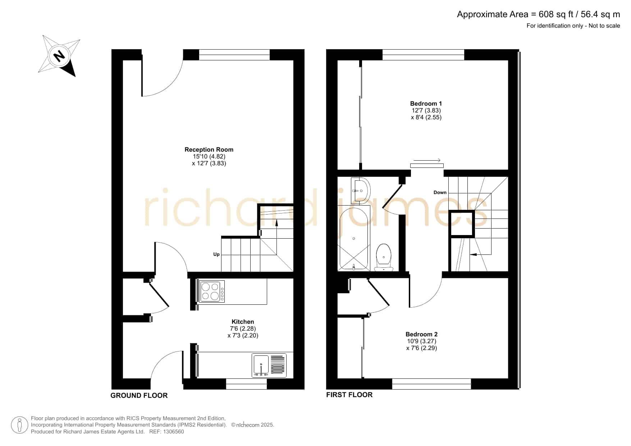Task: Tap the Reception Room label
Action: pos(209,150)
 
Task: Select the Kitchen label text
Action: pos(243,322)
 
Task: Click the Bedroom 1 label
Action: pos(426,104)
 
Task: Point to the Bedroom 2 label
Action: pos(421,334)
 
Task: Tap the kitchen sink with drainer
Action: pos(269,365)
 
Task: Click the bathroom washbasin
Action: pos(361,190)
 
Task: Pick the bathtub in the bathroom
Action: pos(354,239)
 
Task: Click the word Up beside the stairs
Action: pos(216,254)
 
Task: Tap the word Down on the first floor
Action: pos(440,192)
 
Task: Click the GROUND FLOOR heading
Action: pos(139,395)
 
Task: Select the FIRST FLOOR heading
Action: pos(349,395)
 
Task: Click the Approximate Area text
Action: pos(538,14)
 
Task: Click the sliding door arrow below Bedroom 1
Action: pos(427,160)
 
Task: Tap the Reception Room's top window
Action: pos(234,55)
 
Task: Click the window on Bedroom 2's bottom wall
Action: pos(431,384)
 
